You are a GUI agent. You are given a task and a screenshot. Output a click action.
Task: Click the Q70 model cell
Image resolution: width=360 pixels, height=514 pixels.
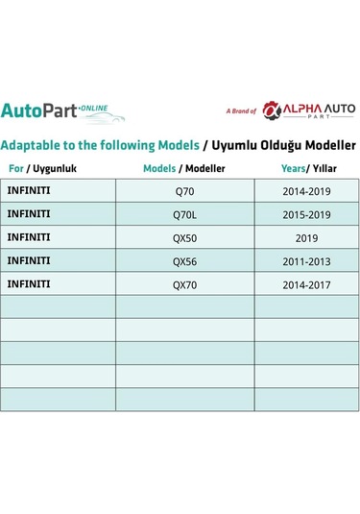pyautogui.click(x=183, y=190)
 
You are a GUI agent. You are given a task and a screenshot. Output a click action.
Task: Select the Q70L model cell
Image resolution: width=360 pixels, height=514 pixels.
pyautogui.click(x=183, y=213)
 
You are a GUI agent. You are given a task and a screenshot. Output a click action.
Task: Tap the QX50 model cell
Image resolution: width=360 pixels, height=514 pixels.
pyautogui.click(x=183, y=237)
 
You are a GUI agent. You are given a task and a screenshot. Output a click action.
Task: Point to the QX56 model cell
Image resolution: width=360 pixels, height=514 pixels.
pyautogui.click(x=183, y=260)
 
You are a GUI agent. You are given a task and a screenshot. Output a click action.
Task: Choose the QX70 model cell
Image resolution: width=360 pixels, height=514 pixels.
pyautogui.click(x=183, y=284)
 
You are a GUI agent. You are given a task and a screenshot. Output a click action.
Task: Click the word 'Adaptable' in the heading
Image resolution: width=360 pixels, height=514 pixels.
pyautogui.click(x=36, y=146)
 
